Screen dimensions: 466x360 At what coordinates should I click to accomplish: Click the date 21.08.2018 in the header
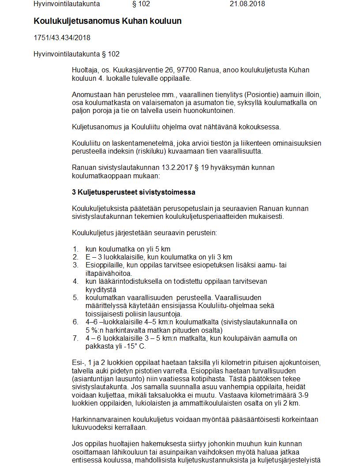(x=247, y=4)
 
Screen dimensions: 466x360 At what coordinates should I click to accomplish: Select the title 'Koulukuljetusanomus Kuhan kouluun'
(x=107, y=21)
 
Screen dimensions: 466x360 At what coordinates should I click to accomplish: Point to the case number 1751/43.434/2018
(x=62, y=38)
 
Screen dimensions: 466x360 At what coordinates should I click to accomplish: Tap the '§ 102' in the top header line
(x=141, y=4)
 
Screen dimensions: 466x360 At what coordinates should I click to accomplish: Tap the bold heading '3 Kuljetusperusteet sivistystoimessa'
(x=133, y=192)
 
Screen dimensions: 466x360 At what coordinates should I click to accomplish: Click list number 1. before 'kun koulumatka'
(x=76, y=249)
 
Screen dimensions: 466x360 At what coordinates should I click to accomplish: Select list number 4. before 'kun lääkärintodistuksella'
(x=76, y=281)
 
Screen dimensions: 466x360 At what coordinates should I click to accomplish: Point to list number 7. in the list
(x=76, y=338)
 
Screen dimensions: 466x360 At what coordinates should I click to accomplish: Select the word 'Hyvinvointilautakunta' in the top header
(x=67, y=4)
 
